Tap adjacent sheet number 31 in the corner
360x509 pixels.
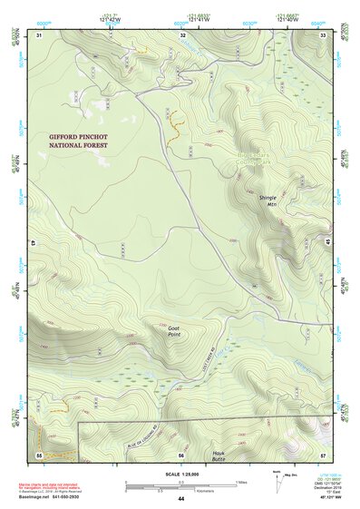[39, 34]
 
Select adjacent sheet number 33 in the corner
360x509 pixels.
[323, 34]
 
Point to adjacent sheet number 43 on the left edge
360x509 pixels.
[32, 244]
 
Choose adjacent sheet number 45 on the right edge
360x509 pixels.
[327, 244]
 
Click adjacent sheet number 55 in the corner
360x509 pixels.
[39, 454]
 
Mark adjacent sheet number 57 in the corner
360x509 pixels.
[323, 454]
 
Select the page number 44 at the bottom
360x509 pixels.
[180, 499]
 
